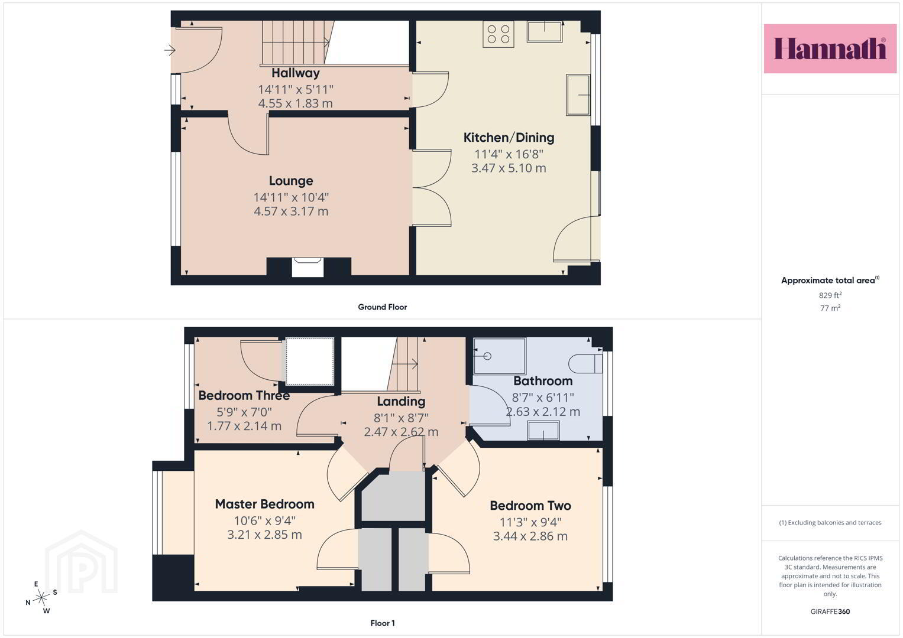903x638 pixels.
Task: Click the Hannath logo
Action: (x=830, y=48)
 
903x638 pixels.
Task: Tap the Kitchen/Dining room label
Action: (x=509, y=138)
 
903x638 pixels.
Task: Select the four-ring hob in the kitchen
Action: (x=499, y=34)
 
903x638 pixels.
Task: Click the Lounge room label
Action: (x=291, y=181)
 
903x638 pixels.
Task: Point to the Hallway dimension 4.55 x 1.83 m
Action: (x=296, y=103)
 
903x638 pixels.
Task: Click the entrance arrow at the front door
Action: (x=170, y=50)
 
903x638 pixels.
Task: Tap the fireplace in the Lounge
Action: (x=308, y=267)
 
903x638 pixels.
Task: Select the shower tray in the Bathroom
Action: (x=500, y=356)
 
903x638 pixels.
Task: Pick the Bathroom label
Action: (x=543, y=381)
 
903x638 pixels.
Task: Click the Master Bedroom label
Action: (x=264, y=504)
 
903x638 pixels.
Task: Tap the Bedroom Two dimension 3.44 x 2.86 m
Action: (x=530, y=536)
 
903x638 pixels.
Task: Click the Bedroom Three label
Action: (x=244, y=396)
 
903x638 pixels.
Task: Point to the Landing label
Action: (x=401, y=402)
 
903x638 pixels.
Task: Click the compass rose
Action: (x=41, y=598)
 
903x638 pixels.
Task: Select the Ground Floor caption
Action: (x=382, y=307)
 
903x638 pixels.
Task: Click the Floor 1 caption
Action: (x=383, y=623)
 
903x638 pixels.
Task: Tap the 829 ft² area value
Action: (x=830, y=295)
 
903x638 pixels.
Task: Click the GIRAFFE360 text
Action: (x=830, y=611)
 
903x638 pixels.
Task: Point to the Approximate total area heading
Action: (x=830, y=281)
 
